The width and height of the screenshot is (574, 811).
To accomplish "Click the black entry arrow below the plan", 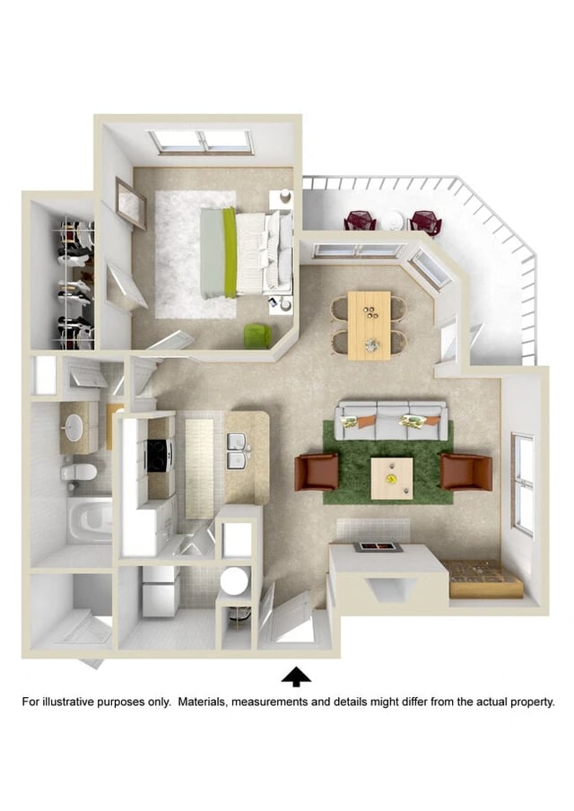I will tap(296, 676).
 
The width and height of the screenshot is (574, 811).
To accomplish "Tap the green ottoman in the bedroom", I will tap(257, 336).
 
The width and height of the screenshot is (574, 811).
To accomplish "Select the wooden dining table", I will tap(369, 324).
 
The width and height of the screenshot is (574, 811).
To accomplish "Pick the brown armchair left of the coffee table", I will tap(317, 472).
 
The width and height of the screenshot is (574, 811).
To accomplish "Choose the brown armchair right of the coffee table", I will tap(465, 472).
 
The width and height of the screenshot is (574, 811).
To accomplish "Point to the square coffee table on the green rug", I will tap(392, 478).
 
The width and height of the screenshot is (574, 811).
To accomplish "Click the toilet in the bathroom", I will tap(79, 471).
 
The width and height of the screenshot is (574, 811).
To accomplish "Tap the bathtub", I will tap(91, 520).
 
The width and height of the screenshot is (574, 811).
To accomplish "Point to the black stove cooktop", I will tap(158, 455).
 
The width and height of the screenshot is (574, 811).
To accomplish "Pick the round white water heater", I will tap(234, 580).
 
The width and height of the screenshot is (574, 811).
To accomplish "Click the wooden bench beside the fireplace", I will tap(484, 579).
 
